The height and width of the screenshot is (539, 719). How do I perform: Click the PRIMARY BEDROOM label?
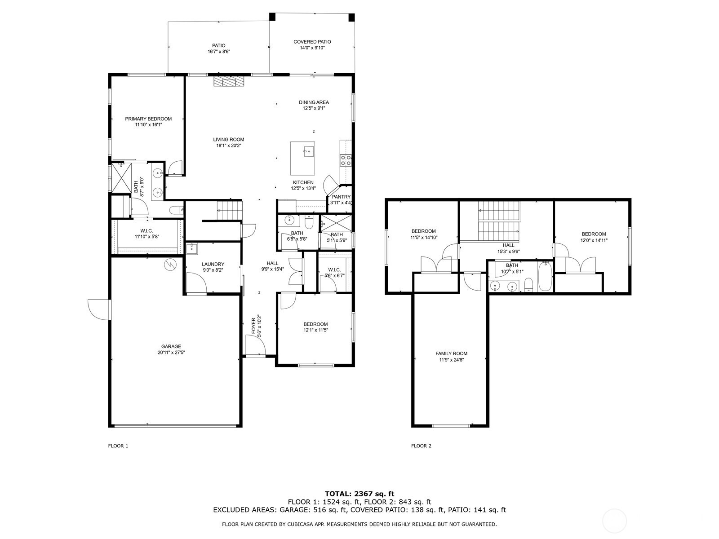pos(148,119)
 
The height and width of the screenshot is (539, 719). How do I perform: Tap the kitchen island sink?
pos(308,151)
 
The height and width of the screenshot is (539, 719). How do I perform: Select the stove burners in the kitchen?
pos(346,160)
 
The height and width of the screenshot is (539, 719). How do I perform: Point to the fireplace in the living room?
pos(229,81)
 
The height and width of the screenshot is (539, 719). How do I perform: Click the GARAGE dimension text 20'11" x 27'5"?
pos(171,353)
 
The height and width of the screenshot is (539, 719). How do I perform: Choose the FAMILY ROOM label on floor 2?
pos(451,353)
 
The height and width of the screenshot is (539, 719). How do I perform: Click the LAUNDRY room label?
pos(213,264)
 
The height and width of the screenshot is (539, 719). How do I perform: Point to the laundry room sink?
pos(191,248)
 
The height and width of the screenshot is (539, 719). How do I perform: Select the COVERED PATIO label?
pos(312,42)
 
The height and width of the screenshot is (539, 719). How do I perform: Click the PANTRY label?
pos(341,197)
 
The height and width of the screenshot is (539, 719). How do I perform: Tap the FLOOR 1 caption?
pos(118,446)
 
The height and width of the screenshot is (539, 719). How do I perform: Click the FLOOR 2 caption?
pos(421,446)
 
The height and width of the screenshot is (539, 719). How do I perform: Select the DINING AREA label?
pos(314,102)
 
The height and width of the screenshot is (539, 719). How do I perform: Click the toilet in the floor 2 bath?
pos(528,285)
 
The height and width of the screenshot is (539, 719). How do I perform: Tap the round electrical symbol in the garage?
pos(170,265)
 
